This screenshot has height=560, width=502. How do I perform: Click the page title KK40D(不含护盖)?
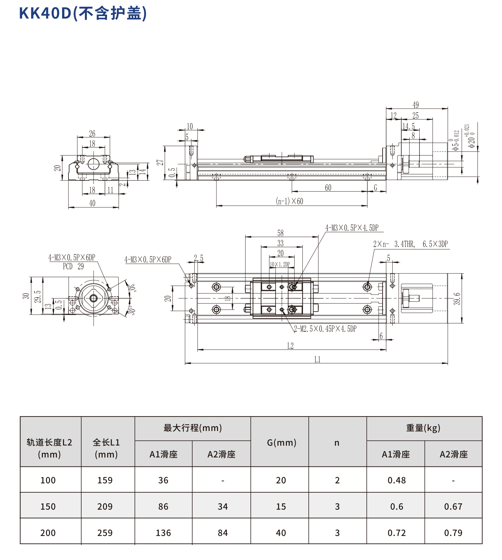[x=83, y=13]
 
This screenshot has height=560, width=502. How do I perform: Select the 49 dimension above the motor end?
[x=415, y=105]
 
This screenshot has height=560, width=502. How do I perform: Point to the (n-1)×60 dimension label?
[x=289, y=201]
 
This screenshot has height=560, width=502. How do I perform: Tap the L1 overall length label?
[x=317, y=360]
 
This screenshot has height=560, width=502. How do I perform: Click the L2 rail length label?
[x=291, y=346]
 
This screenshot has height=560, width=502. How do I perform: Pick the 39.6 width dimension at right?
[x=457, y=299]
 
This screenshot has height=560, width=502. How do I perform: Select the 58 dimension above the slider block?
[x=281, y=233]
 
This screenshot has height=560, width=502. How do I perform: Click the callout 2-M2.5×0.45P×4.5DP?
[x=325, y=329]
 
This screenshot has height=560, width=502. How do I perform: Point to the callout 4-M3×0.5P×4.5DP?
[x=352, y=228]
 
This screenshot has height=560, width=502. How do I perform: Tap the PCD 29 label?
[x=73, y=266]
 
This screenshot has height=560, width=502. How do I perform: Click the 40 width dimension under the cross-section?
[x=92, y=203]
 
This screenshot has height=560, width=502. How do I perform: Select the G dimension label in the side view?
[x=375, y=188]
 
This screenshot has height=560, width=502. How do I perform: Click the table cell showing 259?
[x=105, y=533]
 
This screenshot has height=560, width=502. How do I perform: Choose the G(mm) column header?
[x=282, y=443]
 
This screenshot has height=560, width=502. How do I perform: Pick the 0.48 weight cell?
[x=396, y=480]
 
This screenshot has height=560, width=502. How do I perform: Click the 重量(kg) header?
[x=423, y=428]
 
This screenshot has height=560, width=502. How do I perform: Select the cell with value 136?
[x=163, y=533]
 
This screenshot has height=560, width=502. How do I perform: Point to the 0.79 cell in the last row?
[x=453, y=533]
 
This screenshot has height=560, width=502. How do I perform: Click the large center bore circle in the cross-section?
[x=93, y=164]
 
